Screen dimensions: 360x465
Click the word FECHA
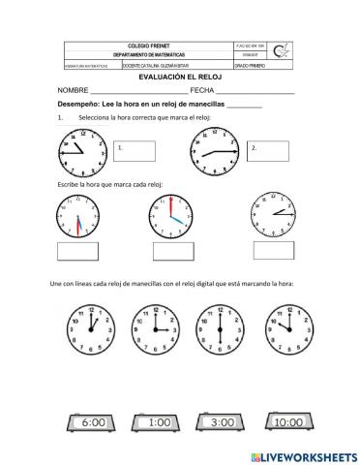203,90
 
